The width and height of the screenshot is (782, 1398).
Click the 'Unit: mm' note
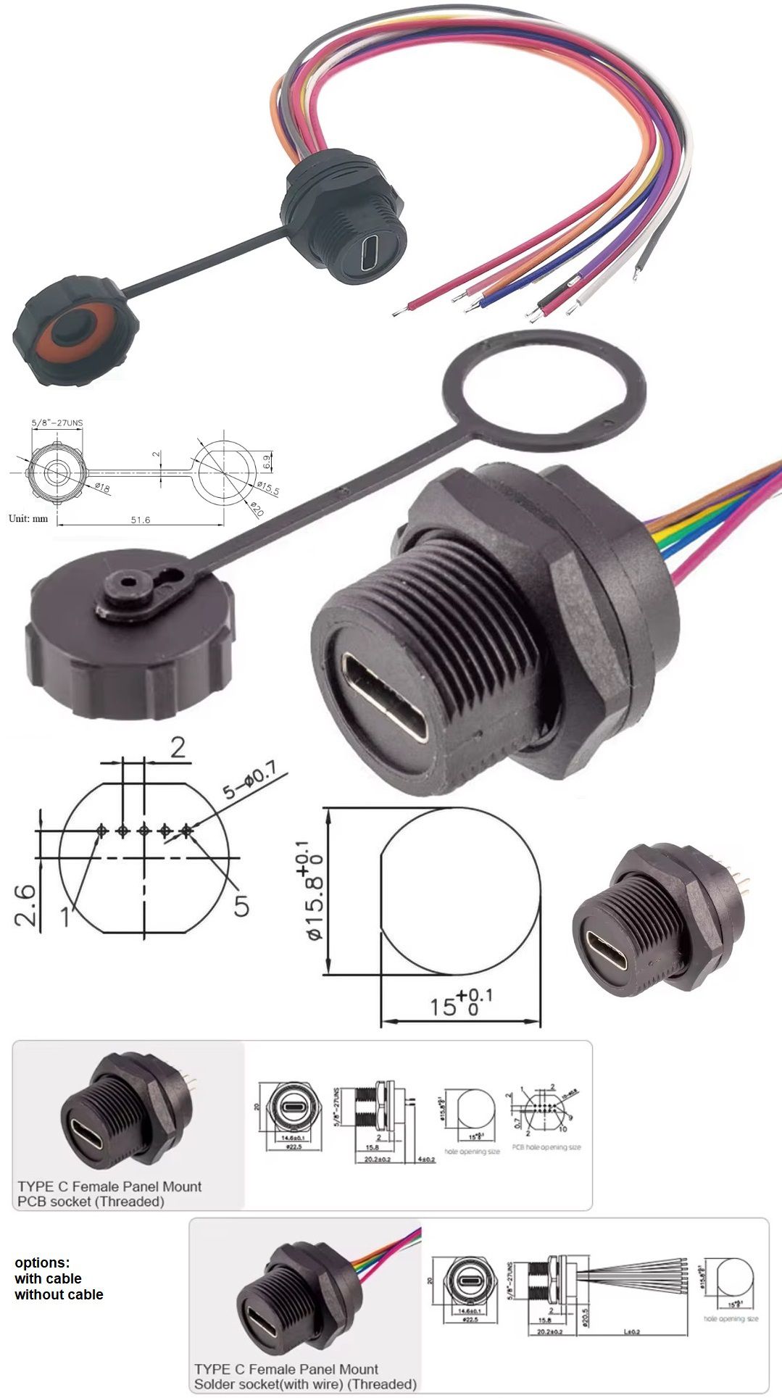click(x=28, y=518)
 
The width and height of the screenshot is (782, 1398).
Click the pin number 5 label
click(x=241, y=905)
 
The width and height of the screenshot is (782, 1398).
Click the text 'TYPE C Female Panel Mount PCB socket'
click(x=109, y=1194)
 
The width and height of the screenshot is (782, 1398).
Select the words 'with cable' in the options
click(x=48, y=1278)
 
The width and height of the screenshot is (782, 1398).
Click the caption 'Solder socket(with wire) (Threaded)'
click(x=304, y=1384)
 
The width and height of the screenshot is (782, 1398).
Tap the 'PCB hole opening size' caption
click(x=546, y=1147)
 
